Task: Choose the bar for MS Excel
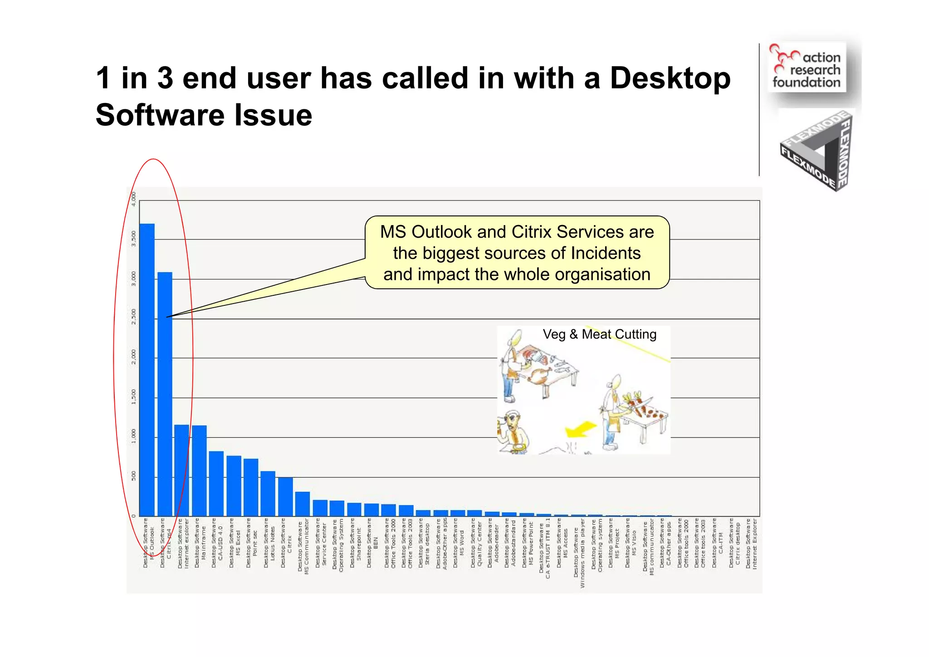234,485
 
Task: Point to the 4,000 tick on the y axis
133,199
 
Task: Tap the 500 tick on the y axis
133,476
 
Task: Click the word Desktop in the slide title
670,78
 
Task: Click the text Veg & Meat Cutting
599,334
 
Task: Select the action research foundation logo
807,68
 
